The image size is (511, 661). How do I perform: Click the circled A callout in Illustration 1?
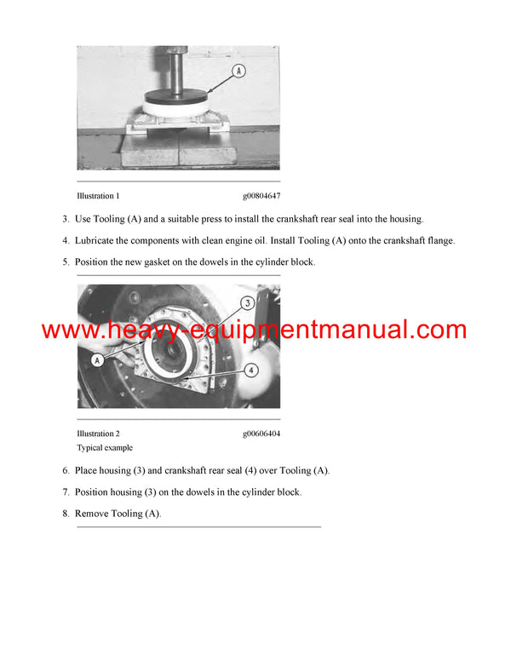[239, 72]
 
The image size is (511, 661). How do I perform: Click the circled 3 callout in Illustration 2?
[246, 302]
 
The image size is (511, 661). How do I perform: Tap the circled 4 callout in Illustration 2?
[251, 371]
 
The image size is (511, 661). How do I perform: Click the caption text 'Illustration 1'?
[98, 196]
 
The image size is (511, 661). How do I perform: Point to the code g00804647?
[261, 196]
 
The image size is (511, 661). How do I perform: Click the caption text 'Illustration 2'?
[98, 434]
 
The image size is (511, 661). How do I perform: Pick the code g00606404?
[261, 434]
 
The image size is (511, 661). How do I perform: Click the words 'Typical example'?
[105, 447]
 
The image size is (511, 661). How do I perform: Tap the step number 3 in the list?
[66, 219]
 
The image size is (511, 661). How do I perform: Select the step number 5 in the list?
[66, 262]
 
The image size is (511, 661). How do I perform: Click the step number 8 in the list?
[66, 514]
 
